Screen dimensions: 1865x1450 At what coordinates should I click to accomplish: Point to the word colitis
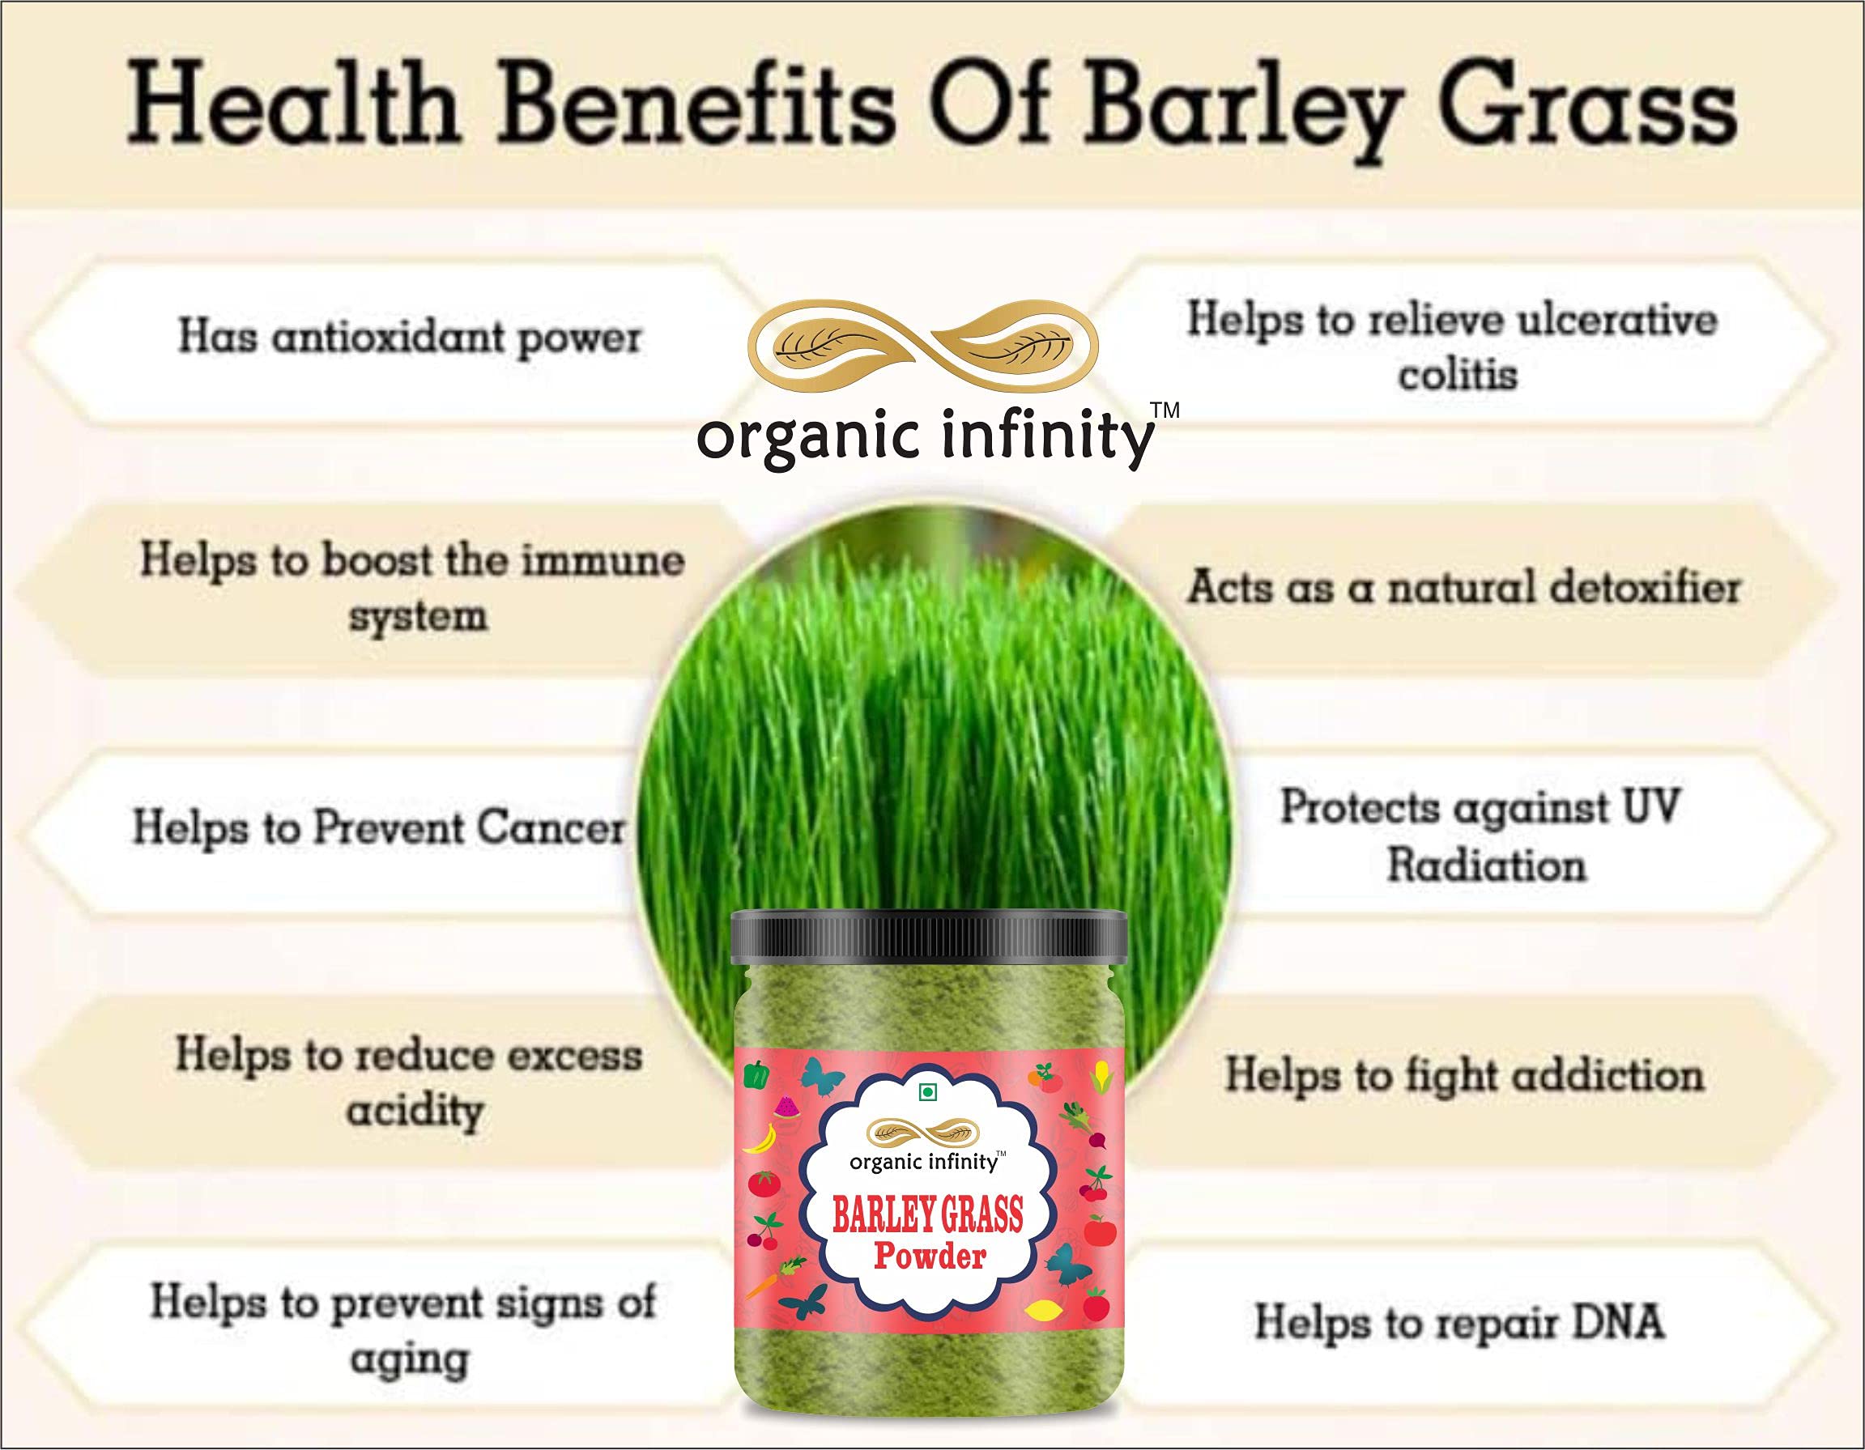pos(1458,375)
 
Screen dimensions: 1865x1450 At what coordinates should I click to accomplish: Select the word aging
pos(409,1361)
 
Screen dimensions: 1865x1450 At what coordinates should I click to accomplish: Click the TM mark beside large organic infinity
pos(1165,410)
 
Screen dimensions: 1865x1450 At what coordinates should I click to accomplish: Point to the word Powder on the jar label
pos(930,1256)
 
